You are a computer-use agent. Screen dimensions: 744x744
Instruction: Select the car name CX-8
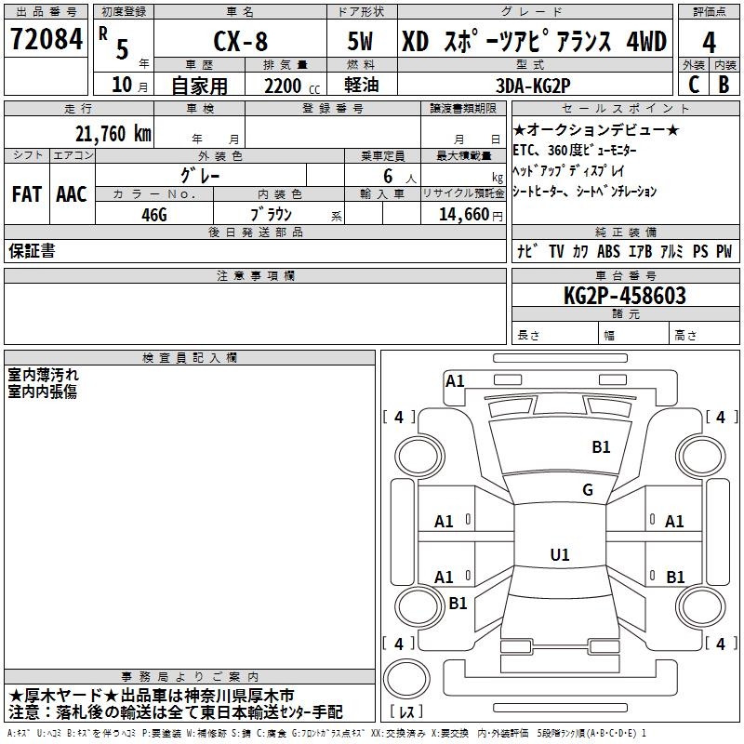click(x=239, y=42)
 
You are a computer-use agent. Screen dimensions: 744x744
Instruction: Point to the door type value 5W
click(x=363, y=42)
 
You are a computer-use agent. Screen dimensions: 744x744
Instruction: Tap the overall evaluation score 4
click(x=709, y=42)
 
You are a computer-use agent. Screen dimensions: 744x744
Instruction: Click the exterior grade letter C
click(x=693, y=84)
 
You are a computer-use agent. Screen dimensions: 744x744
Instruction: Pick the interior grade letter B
click(x=724, y=84)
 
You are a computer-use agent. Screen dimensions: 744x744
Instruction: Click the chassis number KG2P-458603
click(x=625, y=296)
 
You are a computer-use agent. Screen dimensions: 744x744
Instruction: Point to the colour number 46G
click(x=153, y=213)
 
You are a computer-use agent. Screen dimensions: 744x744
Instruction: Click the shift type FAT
click(x=26, y=194)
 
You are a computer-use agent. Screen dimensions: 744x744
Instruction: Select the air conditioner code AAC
click(x=72, y=194)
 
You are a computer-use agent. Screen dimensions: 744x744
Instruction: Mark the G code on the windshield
click(x=587, y=489)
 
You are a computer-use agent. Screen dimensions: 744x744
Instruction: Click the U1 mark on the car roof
click(x=559, y=554)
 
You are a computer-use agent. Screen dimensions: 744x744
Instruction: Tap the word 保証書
click(x=32, y=251)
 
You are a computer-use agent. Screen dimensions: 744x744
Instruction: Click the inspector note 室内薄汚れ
click(x=44, y=375)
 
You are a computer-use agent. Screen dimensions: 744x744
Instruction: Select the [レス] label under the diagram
click(x=409, y=711)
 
